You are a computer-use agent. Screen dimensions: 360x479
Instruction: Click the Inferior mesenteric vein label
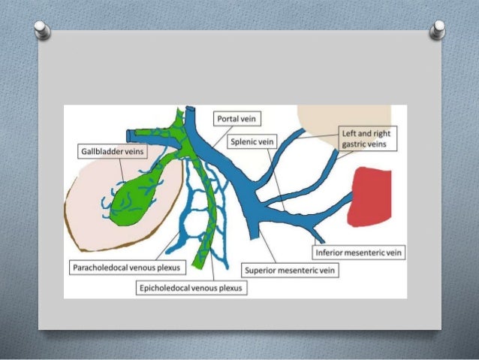pyautogui.click(x=358, y=253)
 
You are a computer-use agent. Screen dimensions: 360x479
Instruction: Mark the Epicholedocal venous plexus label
pyautogui.click(x=190, y=287)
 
